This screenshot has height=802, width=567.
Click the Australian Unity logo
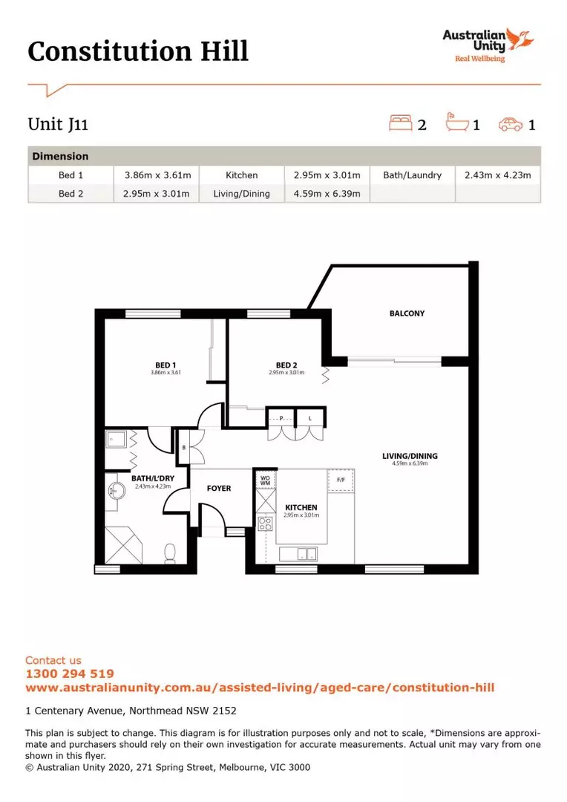488,45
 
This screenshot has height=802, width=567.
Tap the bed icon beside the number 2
400,123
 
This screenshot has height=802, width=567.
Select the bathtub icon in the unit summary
456,123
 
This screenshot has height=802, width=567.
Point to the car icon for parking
511,124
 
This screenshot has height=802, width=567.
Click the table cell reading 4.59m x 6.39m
327,194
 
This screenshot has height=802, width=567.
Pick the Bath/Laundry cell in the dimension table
412,175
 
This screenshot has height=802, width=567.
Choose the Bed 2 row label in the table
71,194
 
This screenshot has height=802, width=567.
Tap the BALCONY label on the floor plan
407,313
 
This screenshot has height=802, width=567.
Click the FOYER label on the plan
219,489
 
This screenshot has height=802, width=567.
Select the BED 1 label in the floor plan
165,365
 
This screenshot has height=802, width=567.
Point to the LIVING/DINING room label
410,456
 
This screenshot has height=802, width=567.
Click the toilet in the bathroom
170,553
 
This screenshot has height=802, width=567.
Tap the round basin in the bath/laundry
117,491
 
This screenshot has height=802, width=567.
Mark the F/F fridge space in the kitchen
341,480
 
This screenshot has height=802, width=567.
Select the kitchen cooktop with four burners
265,524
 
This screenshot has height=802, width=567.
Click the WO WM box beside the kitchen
265,480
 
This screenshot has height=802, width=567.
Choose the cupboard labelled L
309,418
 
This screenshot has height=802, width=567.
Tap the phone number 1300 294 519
70,674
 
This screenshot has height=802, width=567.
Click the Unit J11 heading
58,124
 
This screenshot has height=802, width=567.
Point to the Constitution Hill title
138,51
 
